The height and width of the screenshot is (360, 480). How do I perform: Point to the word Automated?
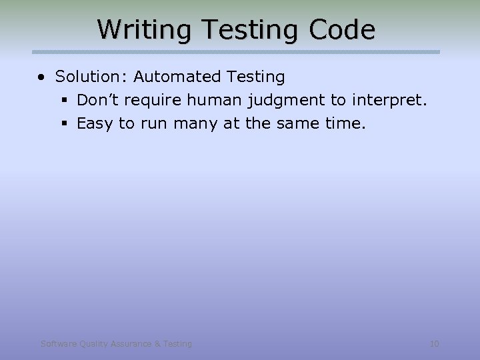click(176, 77)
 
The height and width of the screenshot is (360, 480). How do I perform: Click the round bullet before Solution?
click(42, 77)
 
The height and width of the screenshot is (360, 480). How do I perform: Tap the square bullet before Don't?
click(65, 101)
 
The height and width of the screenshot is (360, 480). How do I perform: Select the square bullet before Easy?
click(65, 124)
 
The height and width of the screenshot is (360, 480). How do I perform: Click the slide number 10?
click(434, 344)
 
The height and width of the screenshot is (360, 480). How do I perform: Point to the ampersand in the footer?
click(157, 344)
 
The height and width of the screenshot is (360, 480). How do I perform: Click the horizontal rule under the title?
click(236, 52)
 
